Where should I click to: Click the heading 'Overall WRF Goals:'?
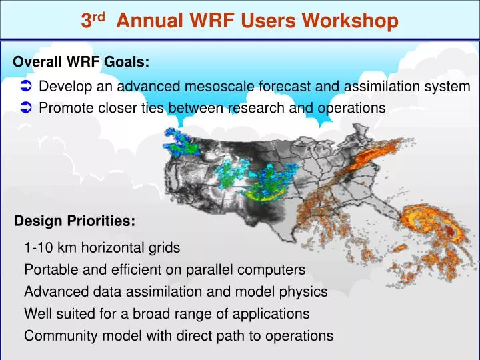(81, 62)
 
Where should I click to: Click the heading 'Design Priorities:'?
(75, 221)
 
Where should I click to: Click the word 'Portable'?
(49, 270)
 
